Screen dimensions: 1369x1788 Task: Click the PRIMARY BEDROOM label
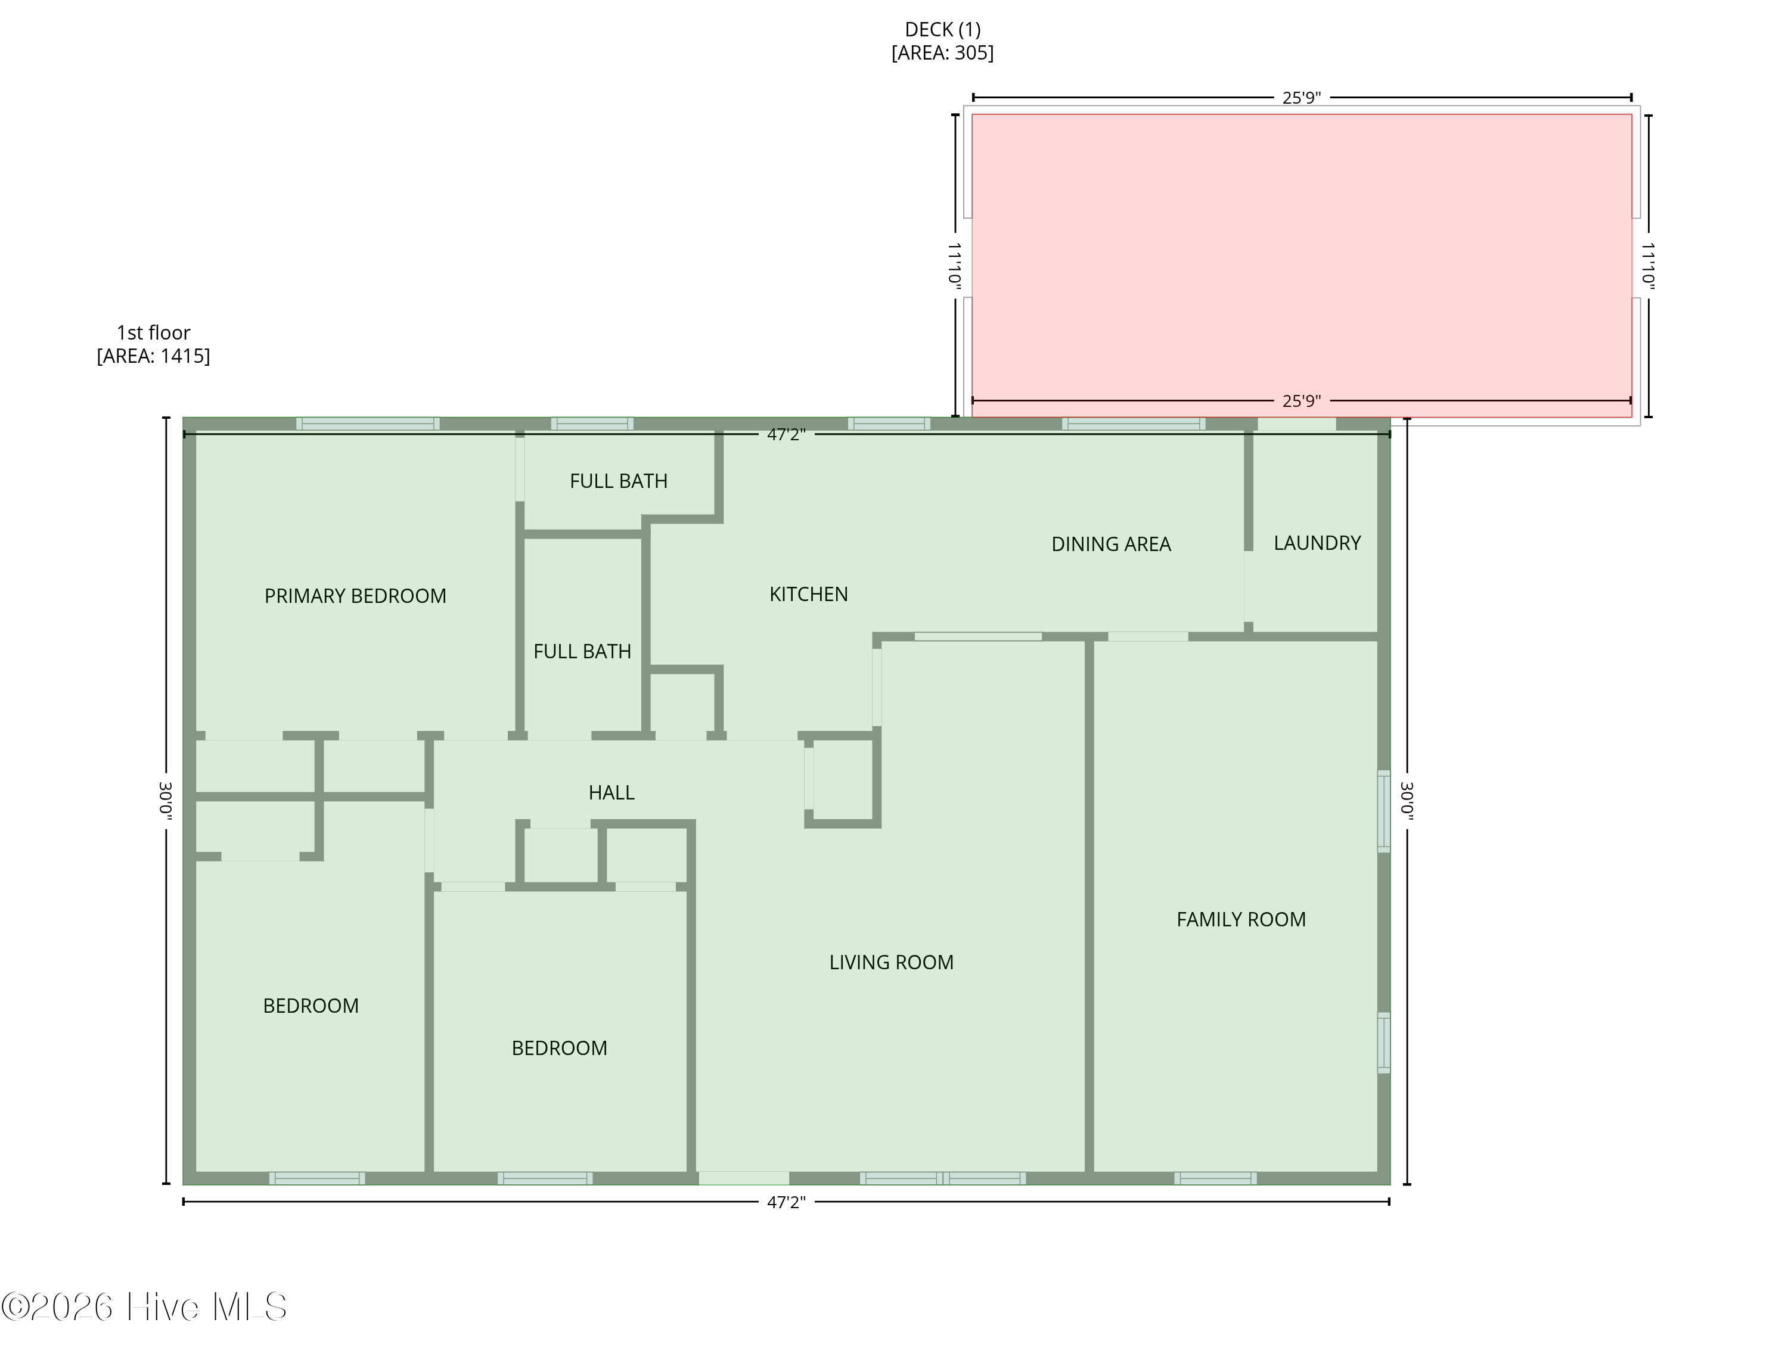click(x=355, y=596)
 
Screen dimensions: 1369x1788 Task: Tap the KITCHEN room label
click(x=808, y=595)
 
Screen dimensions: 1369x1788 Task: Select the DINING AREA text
click(x=1110, y=545)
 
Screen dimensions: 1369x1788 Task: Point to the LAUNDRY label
click(x=1317, y=543)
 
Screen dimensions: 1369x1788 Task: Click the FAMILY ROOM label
click(x=1240, y=920)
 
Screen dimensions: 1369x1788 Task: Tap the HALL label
click(x=611, y=793)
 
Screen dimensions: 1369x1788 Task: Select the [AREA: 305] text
click(x=942, y=53)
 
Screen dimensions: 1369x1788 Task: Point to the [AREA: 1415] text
click(x=153, y=356)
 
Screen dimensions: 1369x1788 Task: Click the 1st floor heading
click(x=153, y=333)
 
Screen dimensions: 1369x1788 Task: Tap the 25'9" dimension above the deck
click(x=1301, y=98)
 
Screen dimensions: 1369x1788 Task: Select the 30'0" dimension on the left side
click(x=166, y=800)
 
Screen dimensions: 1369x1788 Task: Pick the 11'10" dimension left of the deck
click(x=955, y=265)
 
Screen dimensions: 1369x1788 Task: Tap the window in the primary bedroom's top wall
click(x=368, y=424)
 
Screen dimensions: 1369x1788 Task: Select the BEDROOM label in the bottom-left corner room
click(x=311, y=1006)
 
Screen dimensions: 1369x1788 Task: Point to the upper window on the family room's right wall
click(x=1383, y=811)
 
